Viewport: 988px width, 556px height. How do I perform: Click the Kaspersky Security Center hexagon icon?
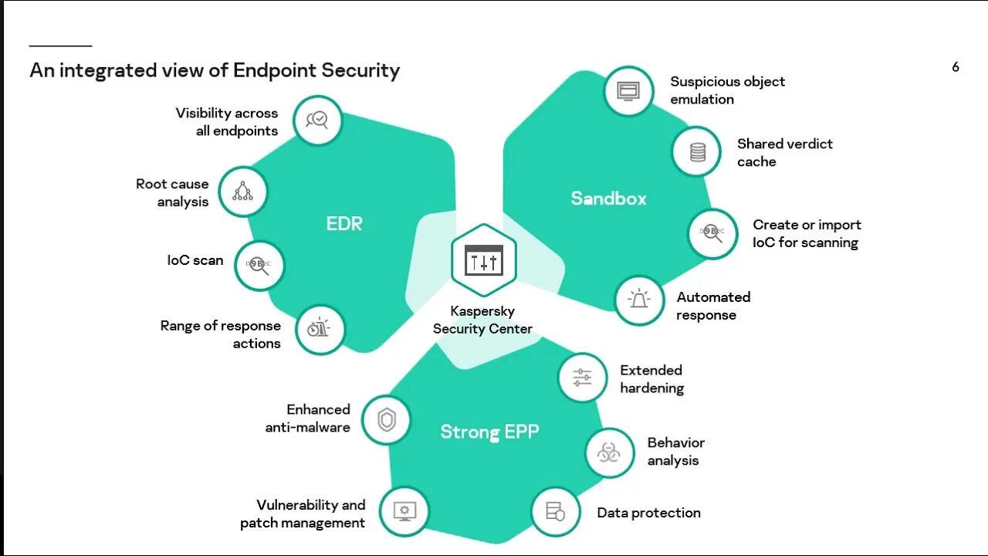[484, 261]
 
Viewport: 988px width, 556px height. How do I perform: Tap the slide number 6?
[956, 67]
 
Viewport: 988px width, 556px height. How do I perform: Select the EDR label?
[344, 224]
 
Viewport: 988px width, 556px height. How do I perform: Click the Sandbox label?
[608, 198]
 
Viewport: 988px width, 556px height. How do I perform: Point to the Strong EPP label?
[489, 432]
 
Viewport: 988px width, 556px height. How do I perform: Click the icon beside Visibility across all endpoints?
[318, 120]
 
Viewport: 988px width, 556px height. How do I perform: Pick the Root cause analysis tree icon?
[243, 192]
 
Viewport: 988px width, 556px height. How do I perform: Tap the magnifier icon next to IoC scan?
[259, 265]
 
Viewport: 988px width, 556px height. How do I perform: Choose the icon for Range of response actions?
[320, 329]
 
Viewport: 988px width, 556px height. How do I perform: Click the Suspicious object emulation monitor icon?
[629, 91]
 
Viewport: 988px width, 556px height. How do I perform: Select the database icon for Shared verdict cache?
[697, 152]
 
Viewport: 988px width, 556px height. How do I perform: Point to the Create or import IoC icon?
[712, 232]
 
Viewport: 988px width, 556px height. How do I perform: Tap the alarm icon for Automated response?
[639, 300]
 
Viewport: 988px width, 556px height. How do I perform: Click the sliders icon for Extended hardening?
[582, 378]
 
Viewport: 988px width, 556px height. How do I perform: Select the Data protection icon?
[556, 512]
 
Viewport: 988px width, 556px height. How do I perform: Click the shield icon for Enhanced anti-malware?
[386, 420]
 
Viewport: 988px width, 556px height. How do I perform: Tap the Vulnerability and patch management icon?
[404, 511]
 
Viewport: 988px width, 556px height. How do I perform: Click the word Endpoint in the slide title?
[275, 71]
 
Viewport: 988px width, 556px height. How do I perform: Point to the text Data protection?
[648, 513]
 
